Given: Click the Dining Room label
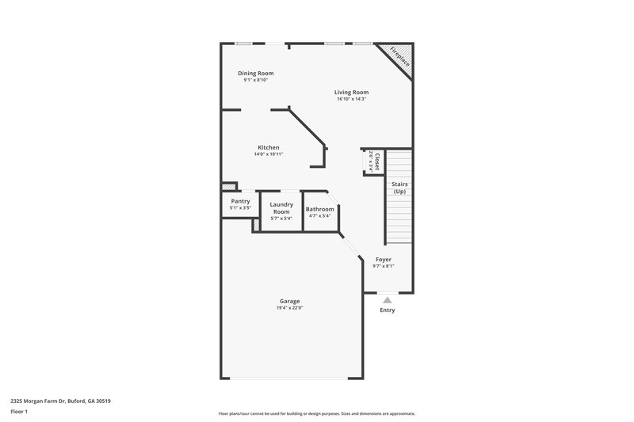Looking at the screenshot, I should tap(256, 73).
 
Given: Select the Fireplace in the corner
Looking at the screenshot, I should tap(395, 59).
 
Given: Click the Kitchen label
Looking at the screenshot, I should tap(268, 147).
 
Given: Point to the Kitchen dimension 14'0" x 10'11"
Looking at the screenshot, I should tap(268, 154).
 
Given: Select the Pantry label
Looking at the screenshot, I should tap(240, 201).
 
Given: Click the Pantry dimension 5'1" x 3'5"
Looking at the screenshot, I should tap(240, 208).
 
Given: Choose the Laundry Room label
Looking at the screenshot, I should tap(281, 208).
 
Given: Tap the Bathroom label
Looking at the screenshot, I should tap(320, 209).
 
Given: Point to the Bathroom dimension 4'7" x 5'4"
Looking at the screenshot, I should tap(320, 216).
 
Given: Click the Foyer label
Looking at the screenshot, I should tap(384, 259).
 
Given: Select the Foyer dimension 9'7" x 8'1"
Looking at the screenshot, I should tap(384, 266).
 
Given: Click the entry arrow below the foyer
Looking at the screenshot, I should tap(387, 299).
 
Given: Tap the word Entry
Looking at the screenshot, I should tap(387, 310).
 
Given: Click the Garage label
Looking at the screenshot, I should tap(289, 301).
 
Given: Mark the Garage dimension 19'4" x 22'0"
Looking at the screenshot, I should tap(289, 308).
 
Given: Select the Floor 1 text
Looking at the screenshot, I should tap(19, 412).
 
